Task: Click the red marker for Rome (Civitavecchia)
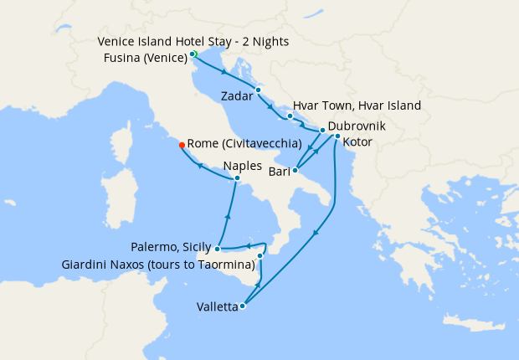click(182, 145)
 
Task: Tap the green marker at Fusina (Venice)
click(193, 54)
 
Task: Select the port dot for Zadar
click(258, 90)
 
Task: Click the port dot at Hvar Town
click(290, 116)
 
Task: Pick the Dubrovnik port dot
click(322, 131)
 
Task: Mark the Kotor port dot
click(337, 136)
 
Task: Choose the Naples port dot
click(237, 177)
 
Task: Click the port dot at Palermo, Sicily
click(217, 248)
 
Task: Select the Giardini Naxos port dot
click(260, 255)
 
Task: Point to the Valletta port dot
click(242, 306)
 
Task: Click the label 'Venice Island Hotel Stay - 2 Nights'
click(193, 42)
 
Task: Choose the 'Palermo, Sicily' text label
click(172, 248)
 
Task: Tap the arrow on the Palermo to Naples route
click(227, 216)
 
